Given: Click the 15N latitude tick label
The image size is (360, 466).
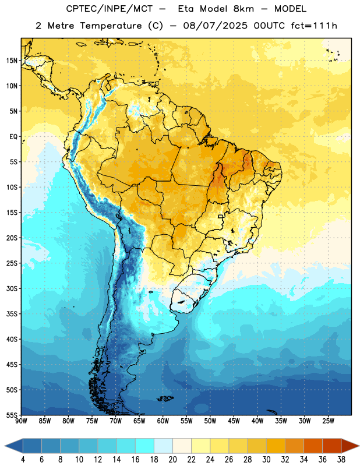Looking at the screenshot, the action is pos(12,61).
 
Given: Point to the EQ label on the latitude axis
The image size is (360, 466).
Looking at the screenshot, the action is pos(13,137).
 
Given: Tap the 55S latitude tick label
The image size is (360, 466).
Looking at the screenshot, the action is pos(12,415).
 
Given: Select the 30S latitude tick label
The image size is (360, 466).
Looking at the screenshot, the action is pos(12,288).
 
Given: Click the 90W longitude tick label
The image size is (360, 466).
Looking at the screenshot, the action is pos(21,421).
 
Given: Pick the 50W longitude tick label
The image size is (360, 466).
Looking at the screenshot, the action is pos(210,421).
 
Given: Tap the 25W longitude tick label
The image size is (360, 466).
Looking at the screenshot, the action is pos(328,421).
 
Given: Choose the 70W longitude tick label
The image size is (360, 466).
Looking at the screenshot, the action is pos(116,421).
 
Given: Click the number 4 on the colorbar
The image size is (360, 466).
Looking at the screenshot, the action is pos(23,460).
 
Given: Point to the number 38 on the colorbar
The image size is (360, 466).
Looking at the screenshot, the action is pos(341,460).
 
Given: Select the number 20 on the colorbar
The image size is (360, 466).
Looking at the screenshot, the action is pos(172,460).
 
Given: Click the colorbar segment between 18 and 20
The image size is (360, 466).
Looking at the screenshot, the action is pos(164,446).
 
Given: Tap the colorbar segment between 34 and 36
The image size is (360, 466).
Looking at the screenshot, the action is pos(313,446).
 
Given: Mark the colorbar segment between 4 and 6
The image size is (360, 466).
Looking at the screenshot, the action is pos(33,446).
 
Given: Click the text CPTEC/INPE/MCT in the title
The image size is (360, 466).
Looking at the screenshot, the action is pos(109,9).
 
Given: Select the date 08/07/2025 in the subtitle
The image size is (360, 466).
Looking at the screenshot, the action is pos(215,26).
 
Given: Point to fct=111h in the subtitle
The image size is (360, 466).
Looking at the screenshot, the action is pos(314,26).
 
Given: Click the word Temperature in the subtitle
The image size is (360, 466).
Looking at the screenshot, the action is pos(111,26).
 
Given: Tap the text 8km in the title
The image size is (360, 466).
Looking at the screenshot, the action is pos(243,9).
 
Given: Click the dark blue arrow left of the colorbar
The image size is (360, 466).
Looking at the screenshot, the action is pos(14,446).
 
